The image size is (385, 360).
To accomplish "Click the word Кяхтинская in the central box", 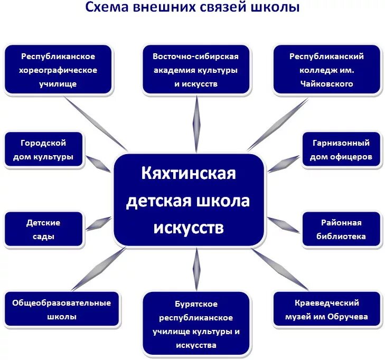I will point(188,173).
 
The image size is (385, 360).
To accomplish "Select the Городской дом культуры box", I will point(44,150).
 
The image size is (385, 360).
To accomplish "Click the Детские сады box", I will point(44,230).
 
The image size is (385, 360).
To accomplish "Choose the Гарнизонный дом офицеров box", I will point(342,150).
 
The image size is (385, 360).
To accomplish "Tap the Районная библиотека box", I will point(342,230).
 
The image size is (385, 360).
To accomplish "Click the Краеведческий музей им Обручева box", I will point(327,310).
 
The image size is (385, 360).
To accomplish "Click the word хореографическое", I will point(59,70).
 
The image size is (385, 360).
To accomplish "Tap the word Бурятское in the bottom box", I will point(196,304).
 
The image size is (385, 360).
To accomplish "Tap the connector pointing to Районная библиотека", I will point(284,224).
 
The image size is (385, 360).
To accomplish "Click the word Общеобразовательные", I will point(61,303).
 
